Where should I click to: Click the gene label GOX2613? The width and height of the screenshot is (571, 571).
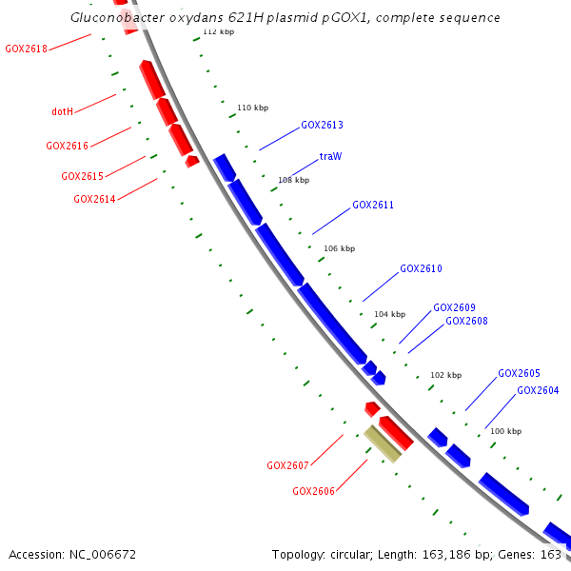[x=322, y=125]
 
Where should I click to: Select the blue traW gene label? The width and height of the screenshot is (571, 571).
[x=330, y=156]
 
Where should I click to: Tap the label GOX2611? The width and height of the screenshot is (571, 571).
[x=373, y=205]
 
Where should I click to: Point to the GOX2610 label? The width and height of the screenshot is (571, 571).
[x=421, y=268]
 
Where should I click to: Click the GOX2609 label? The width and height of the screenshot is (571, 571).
[x=454, y=307]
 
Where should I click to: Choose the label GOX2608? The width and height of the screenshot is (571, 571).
[x=466, y=321]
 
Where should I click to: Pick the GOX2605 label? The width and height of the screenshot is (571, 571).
[x=519, y=373]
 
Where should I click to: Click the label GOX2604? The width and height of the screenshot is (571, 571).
[x=538, y=390]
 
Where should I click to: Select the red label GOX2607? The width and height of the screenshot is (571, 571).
[x=287, y=465]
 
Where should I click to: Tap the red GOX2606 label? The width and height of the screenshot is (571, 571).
[x=313, y=491]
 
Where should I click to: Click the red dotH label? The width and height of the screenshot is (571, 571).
[x=62, y=111]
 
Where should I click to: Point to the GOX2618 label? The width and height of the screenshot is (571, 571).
[x=26, y=49]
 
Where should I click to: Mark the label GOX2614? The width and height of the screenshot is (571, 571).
[x=94, y=199]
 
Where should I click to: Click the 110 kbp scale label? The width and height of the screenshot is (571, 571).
[x=252, y=108]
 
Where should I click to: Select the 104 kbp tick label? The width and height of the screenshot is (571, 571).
[x=389, y=314]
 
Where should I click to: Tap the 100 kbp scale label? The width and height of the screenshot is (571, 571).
[x=505, y=431]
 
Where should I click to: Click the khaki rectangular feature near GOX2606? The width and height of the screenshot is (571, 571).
[x=383, y=444]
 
